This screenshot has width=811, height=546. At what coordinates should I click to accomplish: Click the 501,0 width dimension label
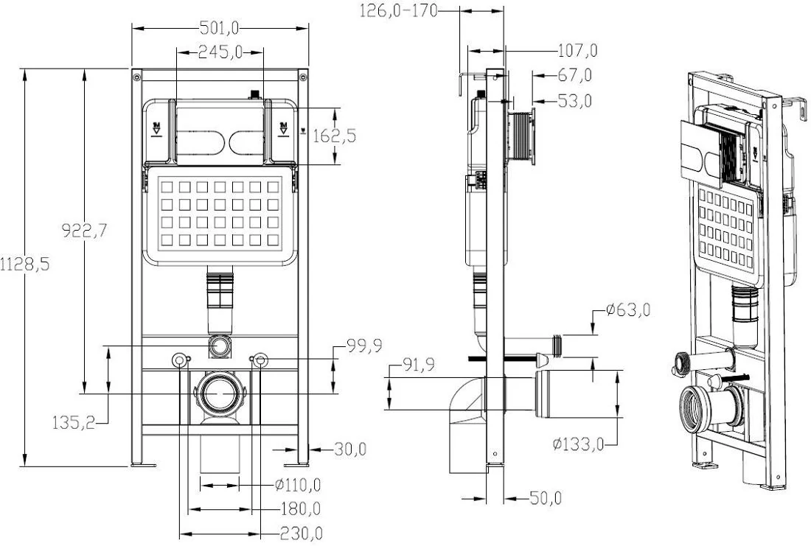click(220, 28)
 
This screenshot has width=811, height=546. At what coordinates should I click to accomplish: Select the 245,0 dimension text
click(220, 52)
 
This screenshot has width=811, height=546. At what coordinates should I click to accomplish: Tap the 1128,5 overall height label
click(25, 265)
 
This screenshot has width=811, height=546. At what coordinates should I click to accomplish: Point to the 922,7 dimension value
click(84, 230)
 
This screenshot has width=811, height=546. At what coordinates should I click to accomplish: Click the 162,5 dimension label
click(335, 136)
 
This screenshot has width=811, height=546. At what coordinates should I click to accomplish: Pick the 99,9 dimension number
click(364, 346)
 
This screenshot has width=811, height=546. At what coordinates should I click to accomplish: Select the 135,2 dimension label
click(74, 423)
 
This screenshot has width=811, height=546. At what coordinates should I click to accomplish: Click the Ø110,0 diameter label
click(297, 485)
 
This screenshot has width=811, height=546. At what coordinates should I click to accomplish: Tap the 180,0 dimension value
click(301, 508)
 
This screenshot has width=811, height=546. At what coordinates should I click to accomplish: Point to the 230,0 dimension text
click(302, 533)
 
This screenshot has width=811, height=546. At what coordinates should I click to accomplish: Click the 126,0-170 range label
click(399, 10)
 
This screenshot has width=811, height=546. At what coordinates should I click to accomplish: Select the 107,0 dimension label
click(578, 51)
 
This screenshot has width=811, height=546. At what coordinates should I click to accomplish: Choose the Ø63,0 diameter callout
click(628, 310)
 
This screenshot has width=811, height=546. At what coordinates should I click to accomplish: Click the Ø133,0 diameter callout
click(578, 444)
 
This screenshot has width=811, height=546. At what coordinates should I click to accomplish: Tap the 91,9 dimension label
click(419, 365)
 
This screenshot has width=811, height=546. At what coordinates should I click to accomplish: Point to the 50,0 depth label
click(546, 498)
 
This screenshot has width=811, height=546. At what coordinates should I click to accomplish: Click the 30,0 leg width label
click(350, 449)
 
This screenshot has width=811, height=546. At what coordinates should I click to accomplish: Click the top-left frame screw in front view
click(136, 77)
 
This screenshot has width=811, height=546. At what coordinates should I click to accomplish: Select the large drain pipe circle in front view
click(219, 393)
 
